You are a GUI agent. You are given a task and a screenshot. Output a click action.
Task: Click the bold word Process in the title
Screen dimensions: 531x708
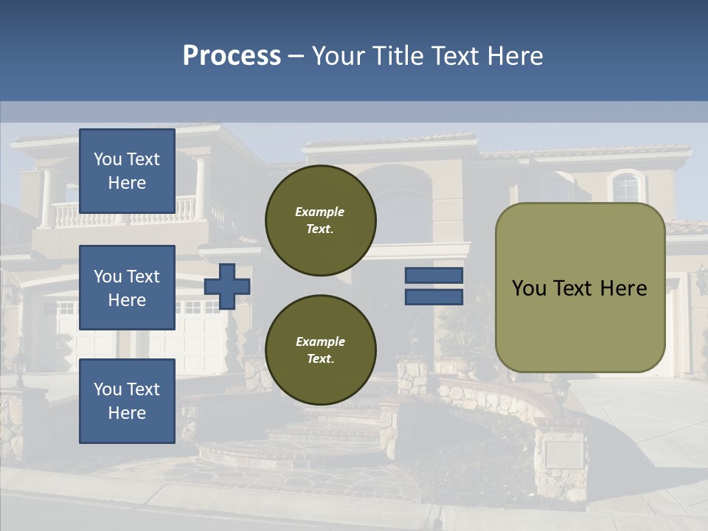[x=232, y=56]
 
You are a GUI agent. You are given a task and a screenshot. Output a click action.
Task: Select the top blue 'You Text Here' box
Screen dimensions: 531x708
[x=127, y=171]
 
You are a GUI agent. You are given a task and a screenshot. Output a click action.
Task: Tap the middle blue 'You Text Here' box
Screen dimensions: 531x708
[x=127, y=288]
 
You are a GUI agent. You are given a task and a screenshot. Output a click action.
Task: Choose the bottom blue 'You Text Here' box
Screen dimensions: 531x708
[x=127, y=401]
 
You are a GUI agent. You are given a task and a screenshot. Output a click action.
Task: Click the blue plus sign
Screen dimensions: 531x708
[x=227, y=286]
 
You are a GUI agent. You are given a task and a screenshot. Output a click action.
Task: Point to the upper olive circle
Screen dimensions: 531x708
[x=320, y=221]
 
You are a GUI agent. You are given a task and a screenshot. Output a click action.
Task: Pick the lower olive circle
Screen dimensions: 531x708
[x=320, y=350]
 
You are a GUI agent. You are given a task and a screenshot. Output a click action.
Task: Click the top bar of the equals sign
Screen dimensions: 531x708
[x=434, y=275]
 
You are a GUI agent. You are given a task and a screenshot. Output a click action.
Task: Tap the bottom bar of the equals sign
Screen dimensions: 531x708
[x=434, y=296]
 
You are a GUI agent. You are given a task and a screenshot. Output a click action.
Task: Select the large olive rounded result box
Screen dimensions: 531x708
[x=580, y=288]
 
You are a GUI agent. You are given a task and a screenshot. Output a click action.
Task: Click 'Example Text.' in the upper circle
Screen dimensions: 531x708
[x=320, y=221]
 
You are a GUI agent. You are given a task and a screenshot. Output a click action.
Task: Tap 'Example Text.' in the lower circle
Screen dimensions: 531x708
[x=320, y=350]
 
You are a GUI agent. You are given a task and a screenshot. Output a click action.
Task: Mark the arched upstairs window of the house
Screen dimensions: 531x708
[x=625, y=187]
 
